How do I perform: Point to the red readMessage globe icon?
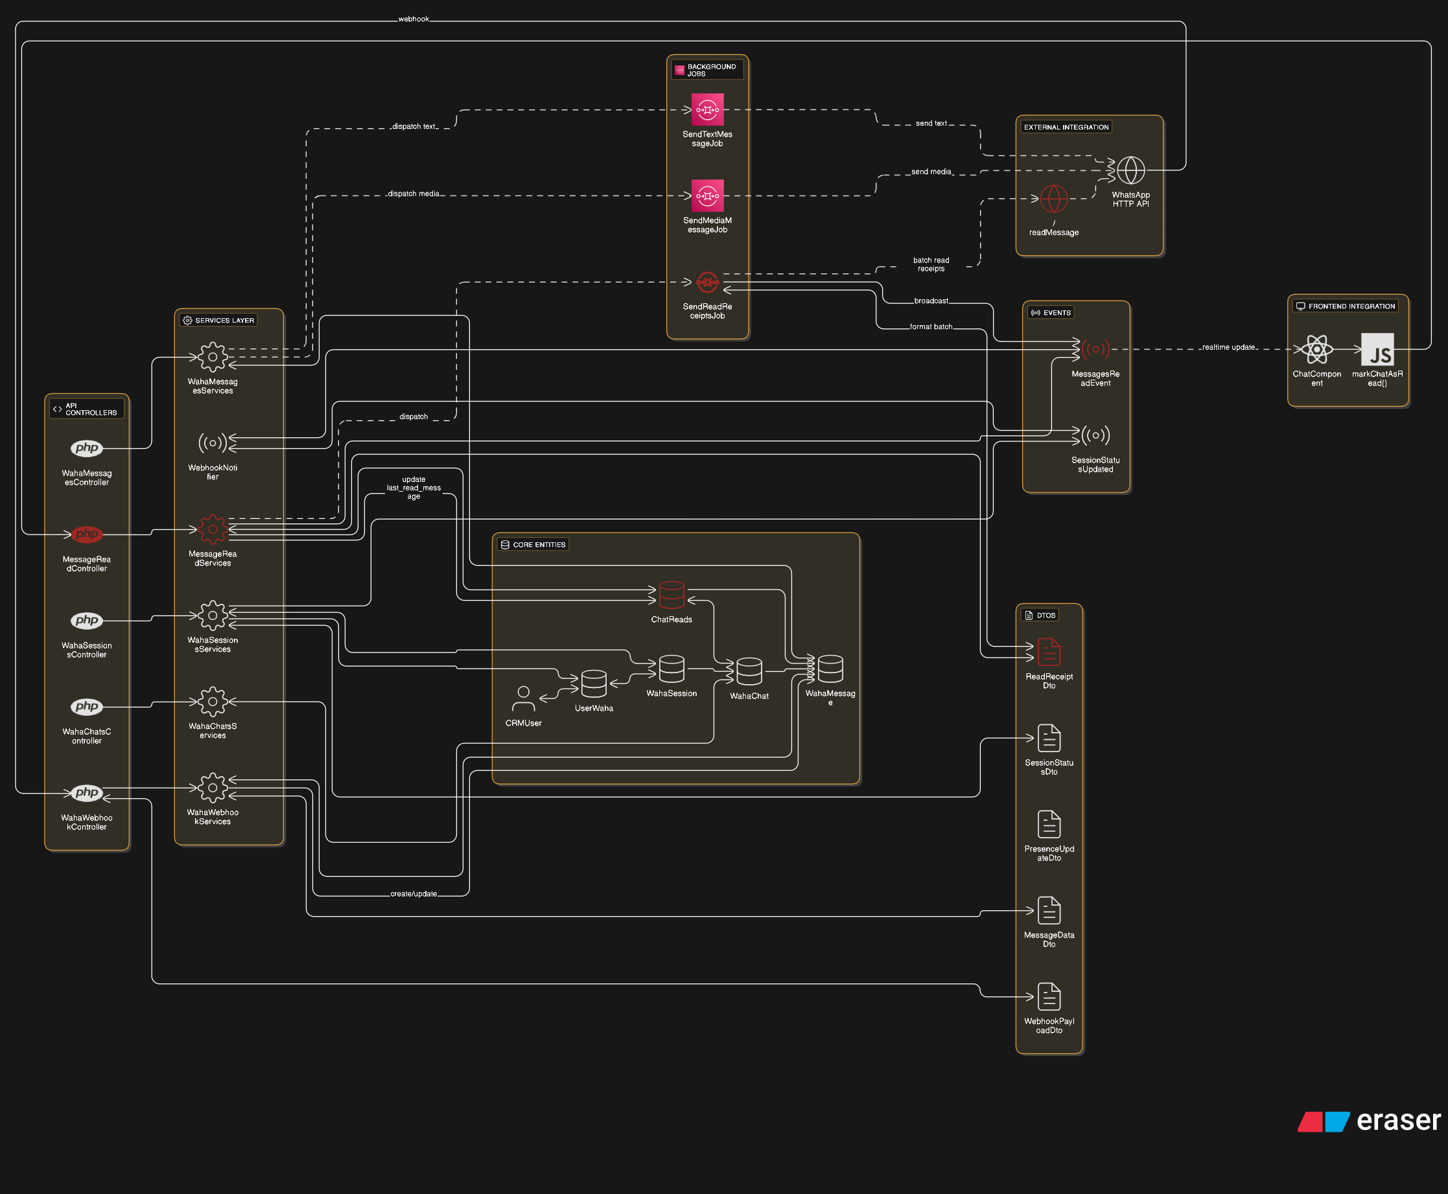click(x=1053, y=199)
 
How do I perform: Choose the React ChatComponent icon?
click(x=1316, y=349)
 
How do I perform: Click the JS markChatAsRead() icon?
click(x=1377, y=349)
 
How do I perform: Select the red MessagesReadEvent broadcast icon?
click(x=1095, y=349)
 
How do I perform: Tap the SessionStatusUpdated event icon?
click(x=1095, y=435)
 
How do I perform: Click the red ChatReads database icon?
click(x=671, y=595)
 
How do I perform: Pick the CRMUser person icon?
click(x=523, y=698)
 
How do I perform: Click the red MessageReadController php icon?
click(x=87, y=534)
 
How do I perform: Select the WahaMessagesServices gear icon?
click(x=213, y=357)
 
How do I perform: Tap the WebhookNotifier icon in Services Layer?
click(x=213, y=443)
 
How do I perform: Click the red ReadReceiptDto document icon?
click(x=1048, y=652)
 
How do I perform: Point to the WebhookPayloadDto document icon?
click(x=1048, y=996)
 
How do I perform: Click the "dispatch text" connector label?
click(x=414, y=126)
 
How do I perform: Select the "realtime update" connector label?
click(x=1228, y=347)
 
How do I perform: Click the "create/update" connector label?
click(x=413, y=894)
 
